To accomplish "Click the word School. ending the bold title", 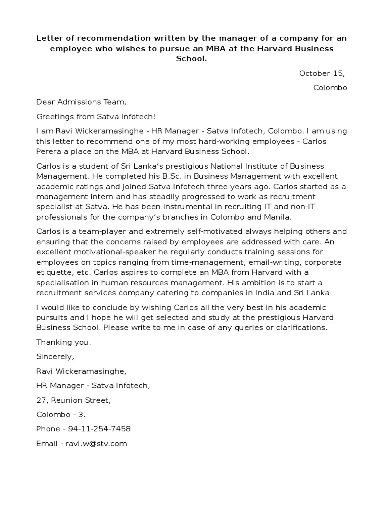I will [x=191, y=59].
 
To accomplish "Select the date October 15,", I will [x=322, y=73].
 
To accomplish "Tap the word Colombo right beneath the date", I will [x=330, y=88].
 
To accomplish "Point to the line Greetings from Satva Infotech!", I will [x=96, y=117].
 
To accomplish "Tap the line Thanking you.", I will [x=64, y=342].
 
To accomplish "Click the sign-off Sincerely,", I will [x=55, y=357].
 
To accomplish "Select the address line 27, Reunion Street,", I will [x=73, y=400].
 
